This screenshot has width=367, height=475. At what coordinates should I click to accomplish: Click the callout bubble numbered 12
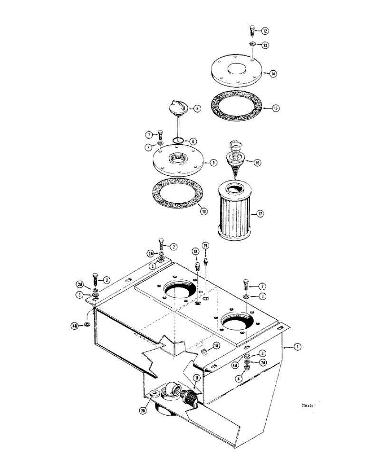(265, 31)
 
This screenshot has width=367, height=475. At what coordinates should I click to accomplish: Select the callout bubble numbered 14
(273, 74)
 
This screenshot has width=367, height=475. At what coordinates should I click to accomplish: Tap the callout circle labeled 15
(276, 108)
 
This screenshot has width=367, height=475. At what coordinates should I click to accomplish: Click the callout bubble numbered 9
(214, 163)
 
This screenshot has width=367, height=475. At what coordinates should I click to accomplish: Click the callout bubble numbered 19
(205, 246)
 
